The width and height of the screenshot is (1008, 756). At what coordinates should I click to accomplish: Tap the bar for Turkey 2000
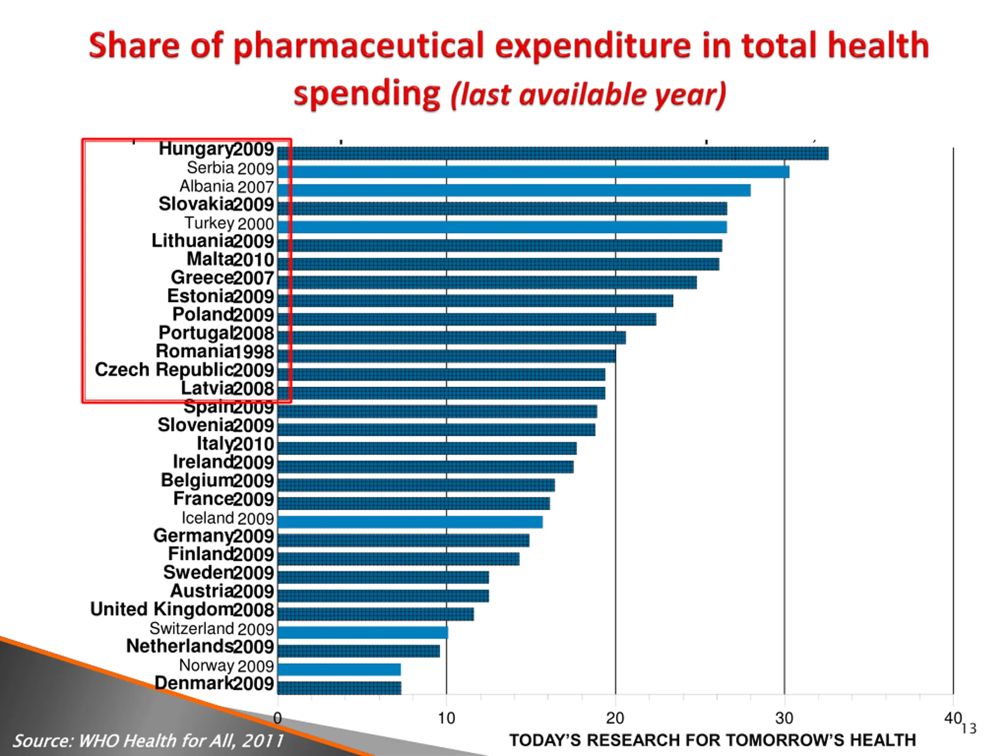tap(502, 227)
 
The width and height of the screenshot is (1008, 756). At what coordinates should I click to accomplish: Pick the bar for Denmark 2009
tap(339, 687)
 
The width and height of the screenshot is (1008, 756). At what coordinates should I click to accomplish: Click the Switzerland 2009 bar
tap(363, 632)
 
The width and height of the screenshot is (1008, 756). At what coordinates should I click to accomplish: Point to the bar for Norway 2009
tap(339, 669)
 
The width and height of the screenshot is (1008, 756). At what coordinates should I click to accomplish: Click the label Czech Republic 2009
tap(184, 370)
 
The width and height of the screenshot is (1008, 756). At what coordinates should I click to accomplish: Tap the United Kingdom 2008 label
tap(182, 610)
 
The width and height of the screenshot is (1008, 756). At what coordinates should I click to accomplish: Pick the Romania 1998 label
tap(215, 352)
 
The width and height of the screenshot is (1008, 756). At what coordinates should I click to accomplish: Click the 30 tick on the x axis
tap(784, 719)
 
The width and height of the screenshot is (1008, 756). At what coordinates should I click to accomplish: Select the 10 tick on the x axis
tap(447, 719)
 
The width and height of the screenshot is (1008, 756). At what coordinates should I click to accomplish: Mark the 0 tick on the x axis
tap(278, 719)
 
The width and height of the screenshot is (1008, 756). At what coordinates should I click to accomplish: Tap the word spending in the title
tap(367, 93)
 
